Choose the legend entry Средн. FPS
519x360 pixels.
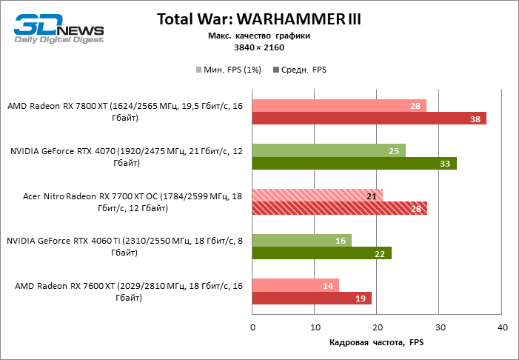click(300, 70)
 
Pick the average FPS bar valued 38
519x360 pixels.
click(369, 119)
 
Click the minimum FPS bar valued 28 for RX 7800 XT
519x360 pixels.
click(339, 106)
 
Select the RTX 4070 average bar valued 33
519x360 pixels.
click(354, 164)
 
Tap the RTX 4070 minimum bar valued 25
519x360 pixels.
click(329, 151)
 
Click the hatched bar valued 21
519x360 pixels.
click(317, 196)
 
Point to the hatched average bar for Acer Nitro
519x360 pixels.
click(339, 208)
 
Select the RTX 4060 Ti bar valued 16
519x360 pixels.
click(301, 241)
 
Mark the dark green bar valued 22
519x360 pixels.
click(321, 253)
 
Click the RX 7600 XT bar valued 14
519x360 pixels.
click(295, 285)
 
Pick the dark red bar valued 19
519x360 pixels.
click(312, 298)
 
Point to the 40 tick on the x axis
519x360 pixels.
click(502, 327)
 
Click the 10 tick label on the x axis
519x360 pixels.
click(315, 327)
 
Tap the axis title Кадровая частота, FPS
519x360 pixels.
click(378, 342)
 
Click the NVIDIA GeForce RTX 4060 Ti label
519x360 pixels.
click(124, 247)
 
